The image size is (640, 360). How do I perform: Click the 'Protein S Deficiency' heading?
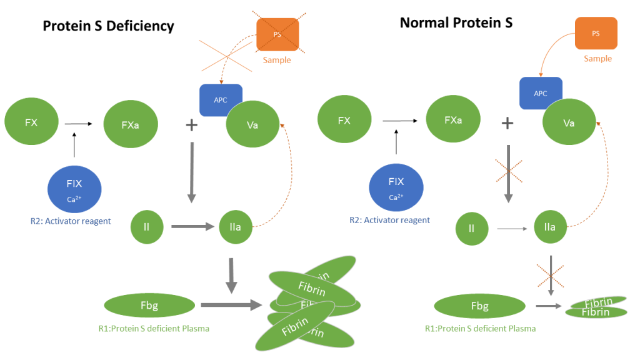click(108, 26)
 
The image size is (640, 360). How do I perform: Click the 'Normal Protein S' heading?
click(456, 23)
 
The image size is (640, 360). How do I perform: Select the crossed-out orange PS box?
click(277, 35)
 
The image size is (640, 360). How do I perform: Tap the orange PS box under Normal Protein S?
click(596, 34)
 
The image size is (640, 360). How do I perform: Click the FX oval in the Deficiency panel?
click(31, 123)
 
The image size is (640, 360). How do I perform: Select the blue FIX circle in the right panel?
click(396, 186)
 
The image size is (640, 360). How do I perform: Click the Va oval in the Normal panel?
click(569, 123)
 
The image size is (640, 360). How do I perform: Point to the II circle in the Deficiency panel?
click(146, 227)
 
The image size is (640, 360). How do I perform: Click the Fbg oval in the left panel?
click(149, 306)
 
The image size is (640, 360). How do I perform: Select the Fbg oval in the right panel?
click(479, 306)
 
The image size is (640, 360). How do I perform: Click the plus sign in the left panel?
click(191, 125)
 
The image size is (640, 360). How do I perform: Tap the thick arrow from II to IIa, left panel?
click(192, 227)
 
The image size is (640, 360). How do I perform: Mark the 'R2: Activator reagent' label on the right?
click(389, 221)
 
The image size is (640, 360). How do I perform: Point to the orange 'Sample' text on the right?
click(597, 59)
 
